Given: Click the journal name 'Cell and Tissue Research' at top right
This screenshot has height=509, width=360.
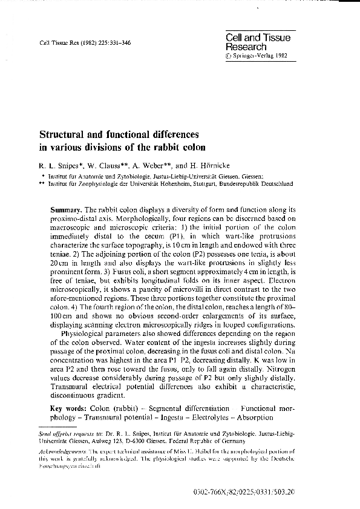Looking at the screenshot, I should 258,42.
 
